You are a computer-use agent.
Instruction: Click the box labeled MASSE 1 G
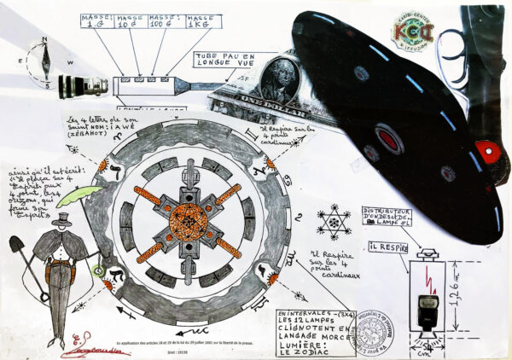pyautogui.click(x=96, y=21)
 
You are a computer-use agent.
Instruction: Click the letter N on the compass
pyautogui.click(x=46, y=41)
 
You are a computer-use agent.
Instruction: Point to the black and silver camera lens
pyautogui.click(x=83, y=85)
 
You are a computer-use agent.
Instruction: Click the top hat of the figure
pyautogui.click(x=61, y=220)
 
